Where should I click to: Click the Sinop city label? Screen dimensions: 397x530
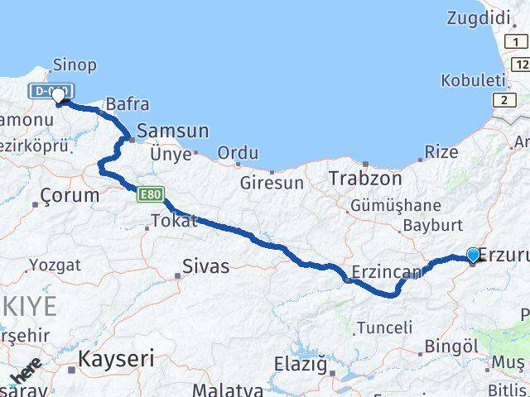[x=75, y=65]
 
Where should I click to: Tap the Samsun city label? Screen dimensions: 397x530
[x=173, y=131]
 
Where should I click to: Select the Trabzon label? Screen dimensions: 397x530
[x=365, y=178]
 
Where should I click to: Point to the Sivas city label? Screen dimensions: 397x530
[x=206, y=266]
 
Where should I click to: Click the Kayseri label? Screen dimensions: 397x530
[x=116, y=358]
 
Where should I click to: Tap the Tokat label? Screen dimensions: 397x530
[x=174, y=221]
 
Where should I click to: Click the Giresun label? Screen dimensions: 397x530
[x=272, y=183]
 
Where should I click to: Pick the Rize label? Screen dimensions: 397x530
[x=441, y=152]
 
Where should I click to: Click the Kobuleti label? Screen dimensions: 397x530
[x=473, y=80]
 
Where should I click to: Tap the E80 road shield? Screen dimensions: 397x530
[x=150, y=194]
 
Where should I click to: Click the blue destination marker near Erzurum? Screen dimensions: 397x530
[x=473, y=256]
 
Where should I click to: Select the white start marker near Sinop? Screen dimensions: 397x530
[x=58, y=97]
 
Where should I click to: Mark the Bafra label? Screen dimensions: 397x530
[x=127, y=104]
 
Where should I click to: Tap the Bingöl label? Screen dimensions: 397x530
[x=451, y=346]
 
